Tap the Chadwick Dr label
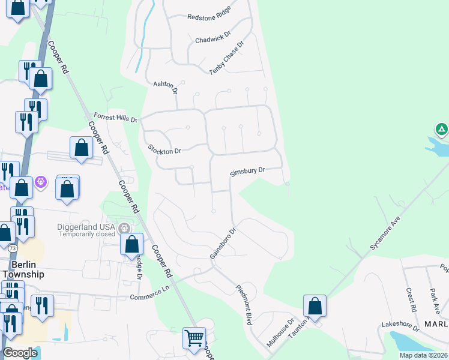(213, 38)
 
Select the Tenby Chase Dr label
(227, 58)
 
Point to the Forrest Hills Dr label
(115, 116)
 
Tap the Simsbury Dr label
(247, 172)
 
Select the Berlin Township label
(27, 269)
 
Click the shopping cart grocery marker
(194, 338)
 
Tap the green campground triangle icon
(441, 128)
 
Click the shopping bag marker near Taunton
(315, 306)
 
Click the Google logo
(20, 353)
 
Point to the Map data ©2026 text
(423, 355)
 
